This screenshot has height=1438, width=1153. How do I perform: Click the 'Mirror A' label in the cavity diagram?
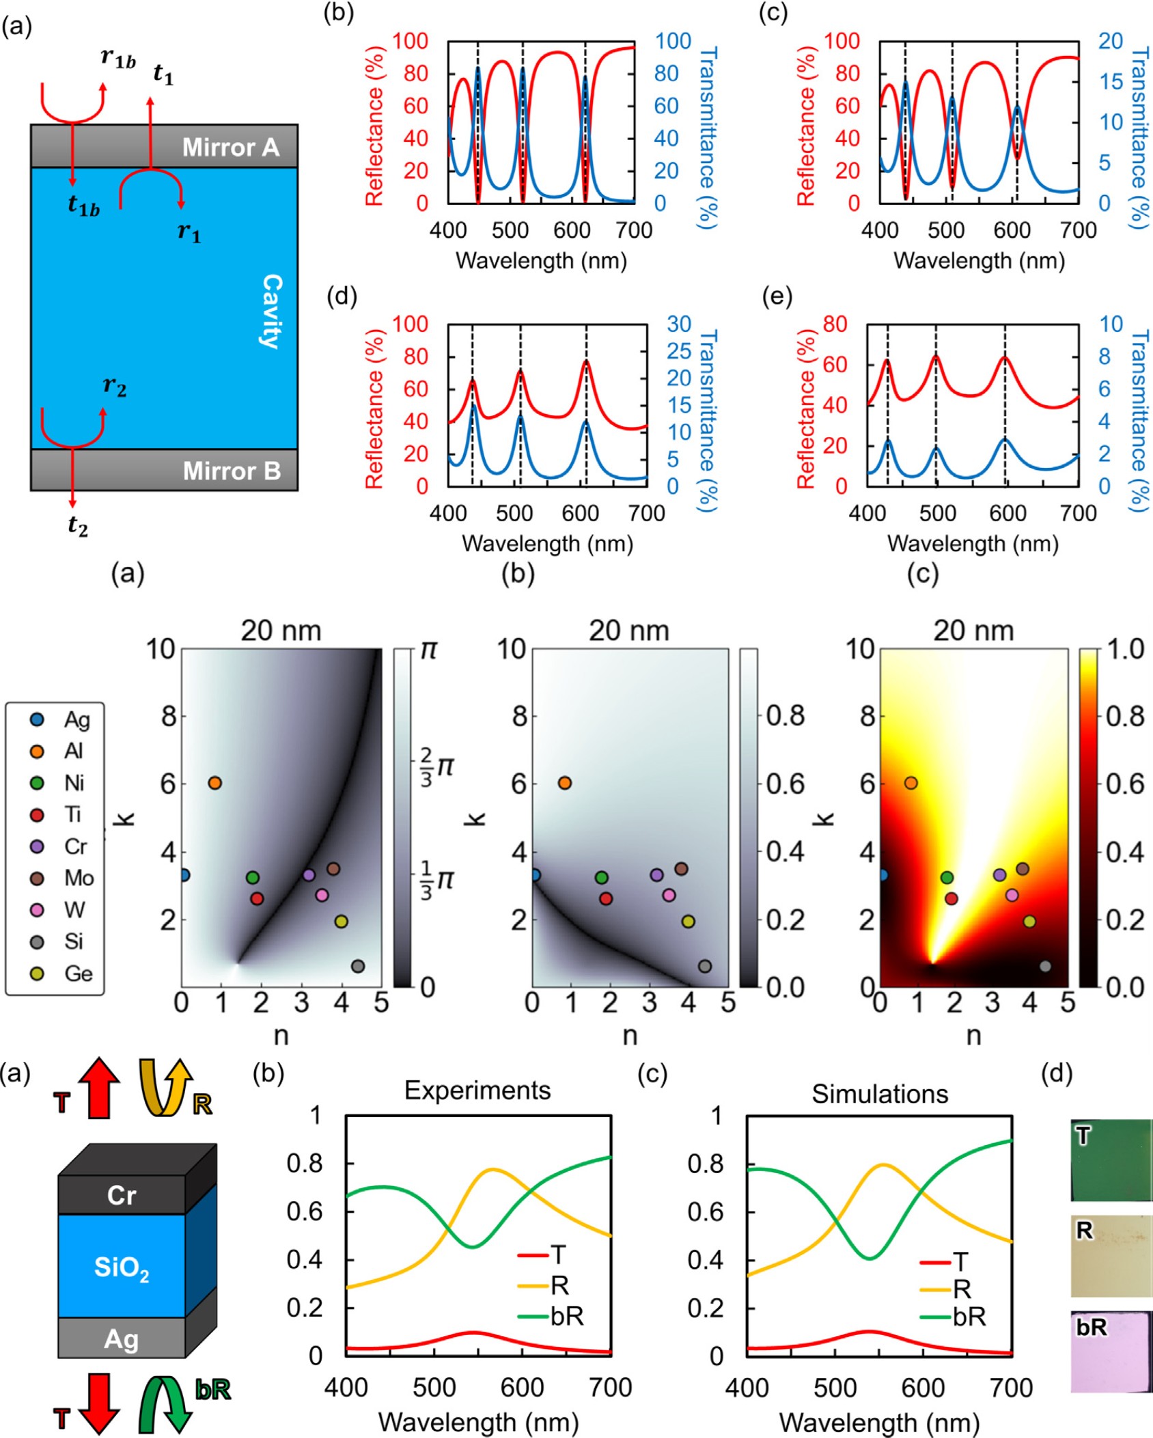pos(231,148)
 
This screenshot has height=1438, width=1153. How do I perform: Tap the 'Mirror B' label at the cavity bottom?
pos(232,471)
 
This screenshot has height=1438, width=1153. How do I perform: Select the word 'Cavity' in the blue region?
pos(272,312)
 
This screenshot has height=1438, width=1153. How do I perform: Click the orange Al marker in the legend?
pos(38,751)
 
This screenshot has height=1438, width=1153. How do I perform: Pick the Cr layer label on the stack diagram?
pos(121,1195)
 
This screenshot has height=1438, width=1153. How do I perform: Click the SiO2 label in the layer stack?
pos(122,1267)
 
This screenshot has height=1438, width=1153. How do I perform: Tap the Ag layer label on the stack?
pos(121,1339)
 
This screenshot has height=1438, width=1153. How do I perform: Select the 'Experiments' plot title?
pos(477,1090)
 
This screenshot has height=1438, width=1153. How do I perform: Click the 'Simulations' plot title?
pos(880,1094)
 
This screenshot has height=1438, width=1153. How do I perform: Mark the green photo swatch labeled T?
pos(1111,1160)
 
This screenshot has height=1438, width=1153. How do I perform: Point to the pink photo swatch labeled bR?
pos(1111,1351)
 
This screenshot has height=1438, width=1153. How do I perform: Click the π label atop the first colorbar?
pos(428,649)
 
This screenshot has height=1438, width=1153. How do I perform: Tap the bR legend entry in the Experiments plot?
pos(566,1316)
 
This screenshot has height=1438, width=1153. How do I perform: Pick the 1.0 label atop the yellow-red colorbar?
pos(1124,649)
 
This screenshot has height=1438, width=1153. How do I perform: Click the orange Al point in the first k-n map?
pos(215,783)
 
